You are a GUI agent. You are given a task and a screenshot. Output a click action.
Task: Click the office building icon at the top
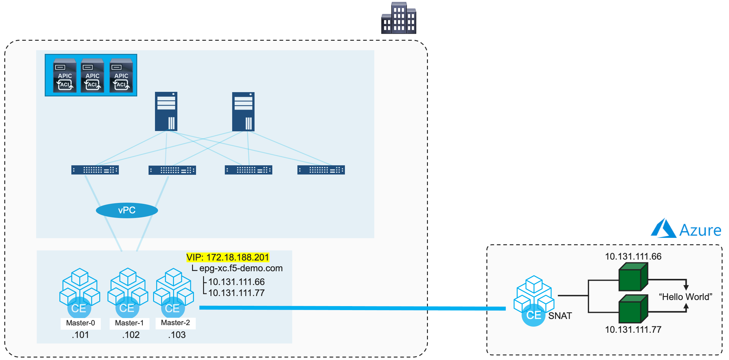(398, 18)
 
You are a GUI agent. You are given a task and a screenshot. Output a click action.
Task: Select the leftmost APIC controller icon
(65, 75)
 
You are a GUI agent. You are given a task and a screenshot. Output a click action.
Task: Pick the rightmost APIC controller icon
(121, 75)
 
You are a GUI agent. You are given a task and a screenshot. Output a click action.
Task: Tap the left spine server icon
(166, 111)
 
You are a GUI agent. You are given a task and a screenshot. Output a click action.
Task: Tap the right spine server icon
(243, 111)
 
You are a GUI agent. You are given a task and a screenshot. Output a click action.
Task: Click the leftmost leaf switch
(95, 170)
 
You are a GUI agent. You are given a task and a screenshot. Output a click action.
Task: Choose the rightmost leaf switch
(321, 170)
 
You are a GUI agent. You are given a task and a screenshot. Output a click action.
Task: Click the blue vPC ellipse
(127, 210)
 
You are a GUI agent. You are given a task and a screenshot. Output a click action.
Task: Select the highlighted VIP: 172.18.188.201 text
(228, 257)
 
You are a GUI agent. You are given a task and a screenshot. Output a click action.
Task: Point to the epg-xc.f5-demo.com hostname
(241, 268)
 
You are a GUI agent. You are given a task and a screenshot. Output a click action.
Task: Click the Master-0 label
(81, 323)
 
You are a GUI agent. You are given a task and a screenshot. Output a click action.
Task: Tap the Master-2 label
(176, 323)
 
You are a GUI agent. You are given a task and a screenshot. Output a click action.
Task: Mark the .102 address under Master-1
(131, 335)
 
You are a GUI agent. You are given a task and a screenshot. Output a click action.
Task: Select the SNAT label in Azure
(560, 316)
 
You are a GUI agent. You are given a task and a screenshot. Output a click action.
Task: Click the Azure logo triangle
(663, 229)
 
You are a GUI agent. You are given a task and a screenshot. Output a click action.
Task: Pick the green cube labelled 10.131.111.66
(633, 277)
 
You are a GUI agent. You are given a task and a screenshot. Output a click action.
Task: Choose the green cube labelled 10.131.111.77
(633, 309)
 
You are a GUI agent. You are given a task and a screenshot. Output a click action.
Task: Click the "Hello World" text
(686, 297)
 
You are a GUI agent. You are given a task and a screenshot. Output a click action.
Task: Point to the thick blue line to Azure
(352, 308)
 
